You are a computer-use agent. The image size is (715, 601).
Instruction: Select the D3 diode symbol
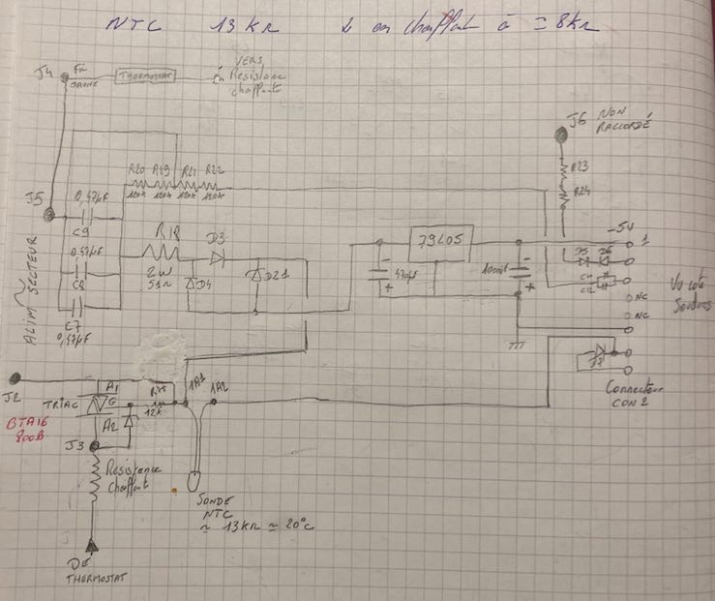(x=217, y=258)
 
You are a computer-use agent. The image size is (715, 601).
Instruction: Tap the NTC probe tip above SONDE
(x=192, y=479)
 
